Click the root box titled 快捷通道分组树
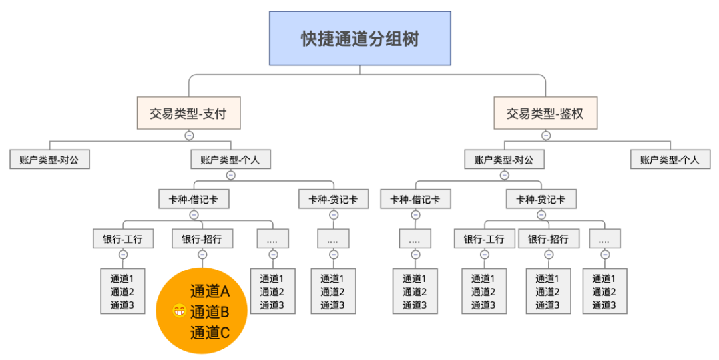pyautogui.click(x=360, y=38)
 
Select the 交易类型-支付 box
pyautogui.click(x=189, y=113)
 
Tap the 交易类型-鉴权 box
pyautogui.click(x=545, y=113)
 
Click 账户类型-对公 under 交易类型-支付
pyautogui.click(x=49, y=160)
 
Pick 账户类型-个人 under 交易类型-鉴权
pyautogui.click(x=670, y=160)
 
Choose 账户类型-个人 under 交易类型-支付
pyautogui.click(x=230, y=160)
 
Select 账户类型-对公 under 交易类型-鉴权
pyautogui.click(x=505, y=160)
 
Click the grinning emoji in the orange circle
pyautogui.click(x=179, y=311)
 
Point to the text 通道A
pyautogui.click(x=210, y=291)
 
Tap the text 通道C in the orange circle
pyautogui.click(x=210, y=333)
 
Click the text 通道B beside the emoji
pyautogui.click(x=210, y=312)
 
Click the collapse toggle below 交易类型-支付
pyautogui.click(x=189, y=136)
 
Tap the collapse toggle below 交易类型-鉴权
pyautogui.click(x=546, y=136)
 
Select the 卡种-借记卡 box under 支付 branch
pyautogui.click(x=194, y=200)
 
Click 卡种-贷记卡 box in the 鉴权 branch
pyautogui.click(x=541, y=200)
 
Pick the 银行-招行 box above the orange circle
pyautogui.click(x=202, y=239)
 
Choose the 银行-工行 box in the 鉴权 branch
pyautogui.click(x=484, y=239)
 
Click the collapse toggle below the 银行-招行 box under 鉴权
pyautogui.click(x=549, y=254)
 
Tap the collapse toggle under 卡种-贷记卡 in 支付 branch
pyautogui.click(x=334, y=215)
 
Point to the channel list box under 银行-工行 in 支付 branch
pyautogui.click(x=123, y=291)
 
